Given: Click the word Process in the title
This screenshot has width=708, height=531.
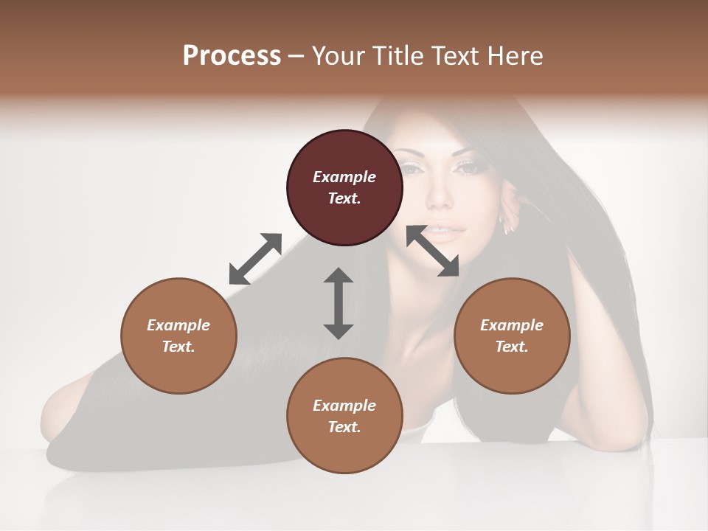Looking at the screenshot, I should click(x=232, y=56).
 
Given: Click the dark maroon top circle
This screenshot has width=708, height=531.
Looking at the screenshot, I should click(x=344, y=187).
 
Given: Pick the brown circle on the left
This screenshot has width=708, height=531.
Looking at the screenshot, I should click(x=178, y=336).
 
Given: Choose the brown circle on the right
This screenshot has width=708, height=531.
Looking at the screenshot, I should click(x=512, y=336).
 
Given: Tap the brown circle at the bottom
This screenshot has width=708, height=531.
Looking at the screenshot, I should click(x=344, y=415).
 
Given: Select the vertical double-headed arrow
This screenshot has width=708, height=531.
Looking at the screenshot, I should click(x=339, y=303).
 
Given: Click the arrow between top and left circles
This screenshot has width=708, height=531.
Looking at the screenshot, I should click(x=255, y=258).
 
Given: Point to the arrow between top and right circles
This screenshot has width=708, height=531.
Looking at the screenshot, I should click(x=433, y=251).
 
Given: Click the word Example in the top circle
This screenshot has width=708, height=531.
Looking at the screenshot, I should click(x=344, y=177).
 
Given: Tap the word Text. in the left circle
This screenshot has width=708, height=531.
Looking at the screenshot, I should click(x=178, y=347).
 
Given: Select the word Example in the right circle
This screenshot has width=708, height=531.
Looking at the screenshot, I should click(x=512, y=325).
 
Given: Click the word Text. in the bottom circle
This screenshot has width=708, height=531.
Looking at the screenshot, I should click(x=344, y=427).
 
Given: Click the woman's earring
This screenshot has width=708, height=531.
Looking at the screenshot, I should click(x=508, y=224).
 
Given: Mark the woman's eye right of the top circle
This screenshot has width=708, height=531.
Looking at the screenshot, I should click(x=467, y=168).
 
